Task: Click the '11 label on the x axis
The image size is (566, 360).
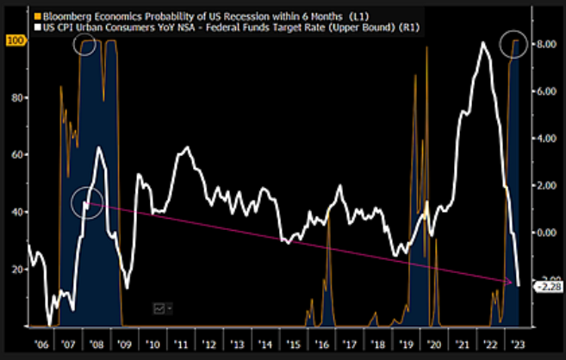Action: [x=181, y=342]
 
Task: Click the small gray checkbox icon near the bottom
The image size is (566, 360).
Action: [x=159, y=307]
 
